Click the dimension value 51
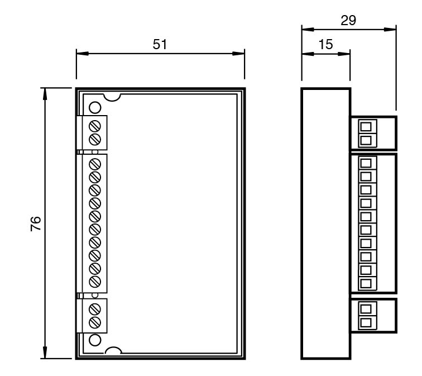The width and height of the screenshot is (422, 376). (160, 45)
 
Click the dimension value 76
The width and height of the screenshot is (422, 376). (35, 224)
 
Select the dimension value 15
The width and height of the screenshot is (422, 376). (325, 45)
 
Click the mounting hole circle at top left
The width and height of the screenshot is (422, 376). (94, 107)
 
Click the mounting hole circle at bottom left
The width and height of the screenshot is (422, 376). (94, 339)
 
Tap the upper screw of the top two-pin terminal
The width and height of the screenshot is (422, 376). (95, 124)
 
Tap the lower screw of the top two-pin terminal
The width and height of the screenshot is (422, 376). (95, 138)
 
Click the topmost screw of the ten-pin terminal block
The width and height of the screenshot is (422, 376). (95, 164)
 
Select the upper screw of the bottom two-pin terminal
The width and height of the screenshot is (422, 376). (95, 308)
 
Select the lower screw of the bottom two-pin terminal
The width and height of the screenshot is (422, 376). (95, 322)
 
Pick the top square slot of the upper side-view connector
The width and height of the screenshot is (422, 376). (366, 127)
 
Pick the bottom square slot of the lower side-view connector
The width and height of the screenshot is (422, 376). (366, 322)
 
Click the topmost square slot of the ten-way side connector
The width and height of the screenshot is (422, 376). (366, 164)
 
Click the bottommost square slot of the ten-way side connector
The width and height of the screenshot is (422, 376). (366, 283)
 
